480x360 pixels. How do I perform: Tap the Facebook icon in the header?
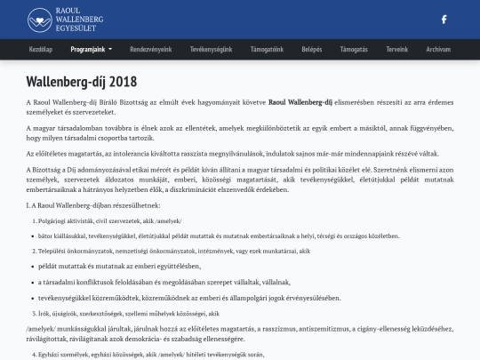click(444, 19)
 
